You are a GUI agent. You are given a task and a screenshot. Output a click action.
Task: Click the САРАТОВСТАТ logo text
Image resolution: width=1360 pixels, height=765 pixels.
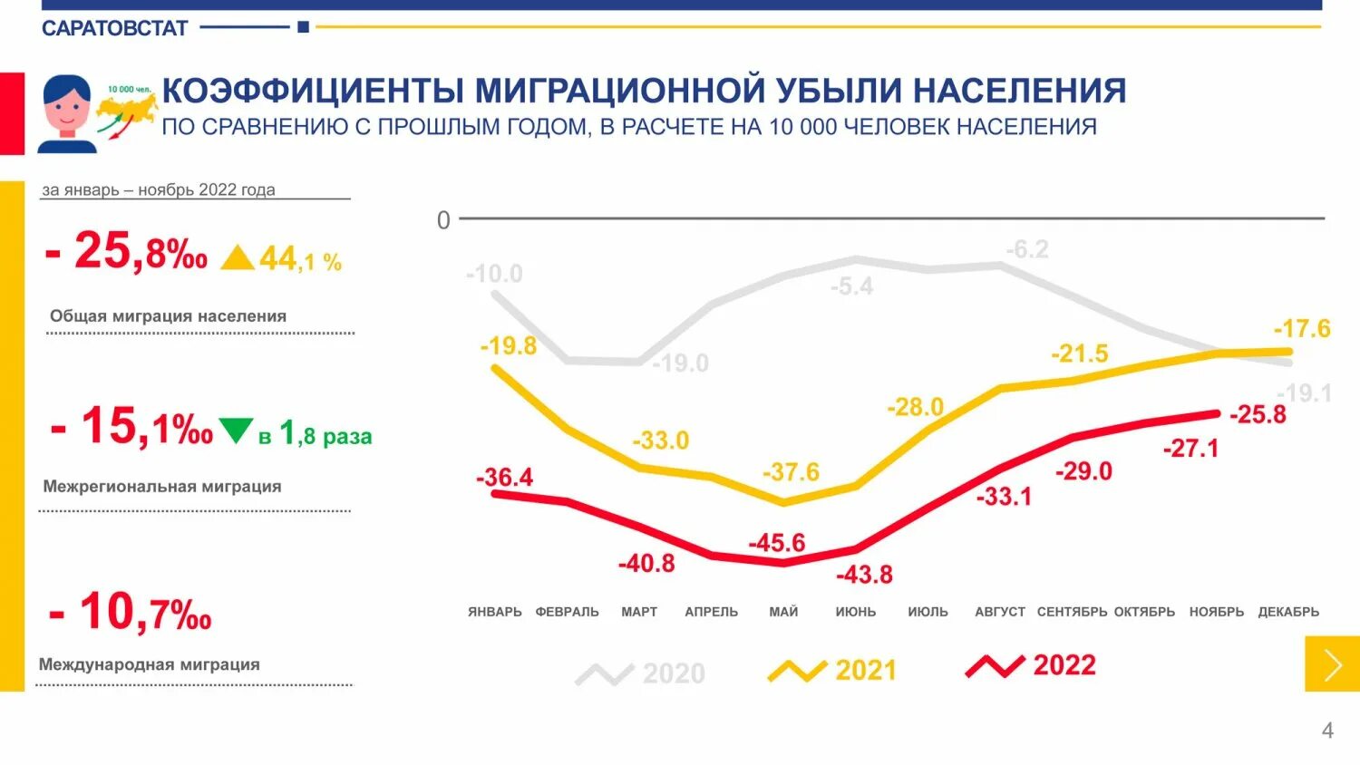coord(114,28)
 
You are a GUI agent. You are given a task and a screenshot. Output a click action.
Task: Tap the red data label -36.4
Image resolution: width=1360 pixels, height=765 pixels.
coord(505,477)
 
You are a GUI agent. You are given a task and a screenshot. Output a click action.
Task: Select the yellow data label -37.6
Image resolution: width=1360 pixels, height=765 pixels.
coord(791,472)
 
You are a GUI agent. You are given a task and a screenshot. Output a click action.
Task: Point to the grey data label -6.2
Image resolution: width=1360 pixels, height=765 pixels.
coord(1027,249)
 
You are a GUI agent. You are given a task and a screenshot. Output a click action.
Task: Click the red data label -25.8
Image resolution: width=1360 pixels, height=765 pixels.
coord(1258,414)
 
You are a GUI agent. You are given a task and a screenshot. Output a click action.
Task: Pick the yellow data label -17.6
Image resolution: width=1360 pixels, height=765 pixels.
coord(1302,328)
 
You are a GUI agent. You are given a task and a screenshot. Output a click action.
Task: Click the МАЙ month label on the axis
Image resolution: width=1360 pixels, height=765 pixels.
coord(783,612)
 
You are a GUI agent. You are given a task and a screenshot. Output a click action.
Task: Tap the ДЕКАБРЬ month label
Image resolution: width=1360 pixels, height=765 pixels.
coord(1288,612)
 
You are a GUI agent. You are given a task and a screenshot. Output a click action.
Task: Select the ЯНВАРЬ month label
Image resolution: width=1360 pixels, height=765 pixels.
coord(495,612)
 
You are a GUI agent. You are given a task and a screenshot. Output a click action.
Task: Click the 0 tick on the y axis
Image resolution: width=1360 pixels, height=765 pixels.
coord(443,220)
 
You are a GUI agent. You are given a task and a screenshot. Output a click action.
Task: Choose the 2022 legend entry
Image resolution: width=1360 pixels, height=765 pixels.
coord(1031,666)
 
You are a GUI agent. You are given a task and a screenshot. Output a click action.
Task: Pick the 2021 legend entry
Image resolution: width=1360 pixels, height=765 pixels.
coord(832,671)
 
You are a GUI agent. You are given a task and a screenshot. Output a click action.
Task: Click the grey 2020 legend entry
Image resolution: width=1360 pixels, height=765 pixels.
coord(641,673)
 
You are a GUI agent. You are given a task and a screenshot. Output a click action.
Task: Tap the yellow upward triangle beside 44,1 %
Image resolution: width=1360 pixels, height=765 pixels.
coord(238,258)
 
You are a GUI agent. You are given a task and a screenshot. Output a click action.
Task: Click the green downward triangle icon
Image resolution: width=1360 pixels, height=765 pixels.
coord(237,430)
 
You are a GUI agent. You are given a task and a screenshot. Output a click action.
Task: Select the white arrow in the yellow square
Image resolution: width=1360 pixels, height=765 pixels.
coord(1332,664)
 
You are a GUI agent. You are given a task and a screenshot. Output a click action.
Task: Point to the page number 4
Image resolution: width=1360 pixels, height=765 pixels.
coord(1327,731)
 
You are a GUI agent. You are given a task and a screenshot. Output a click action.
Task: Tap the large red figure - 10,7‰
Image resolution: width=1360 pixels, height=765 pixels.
coord(131,612)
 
